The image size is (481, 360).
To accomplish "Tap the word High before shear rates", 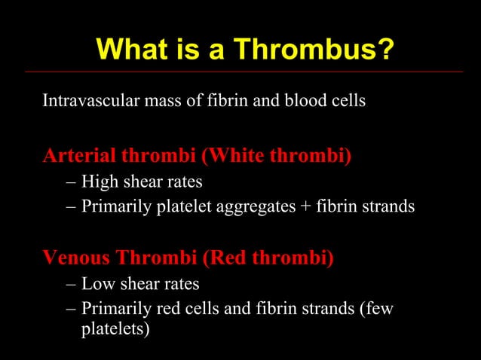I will (x=99, y=182).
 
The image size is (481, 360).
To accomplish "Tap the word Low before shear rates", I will (x=98, y=284).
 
